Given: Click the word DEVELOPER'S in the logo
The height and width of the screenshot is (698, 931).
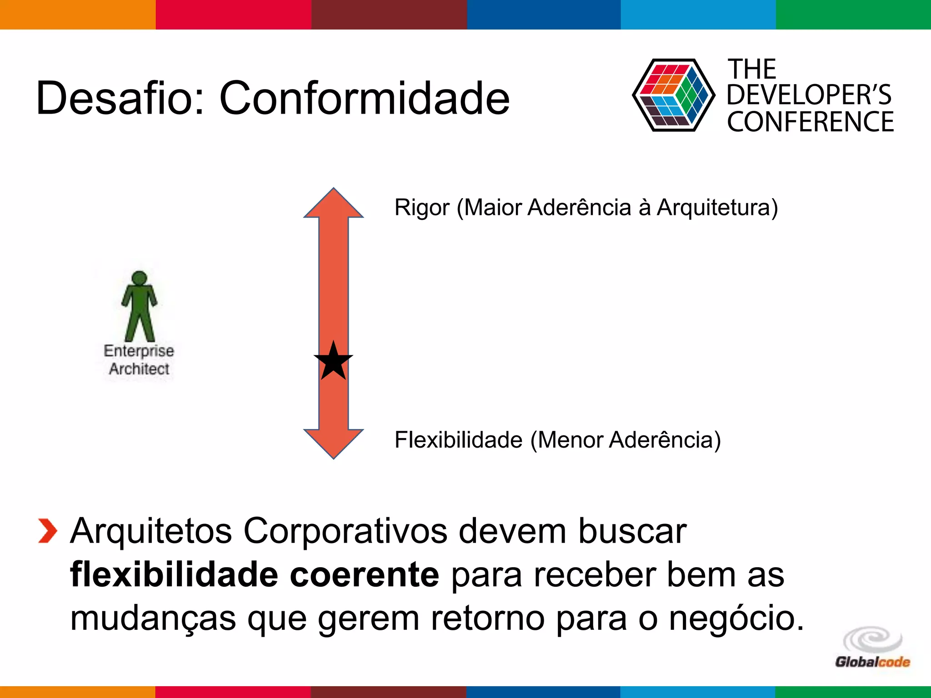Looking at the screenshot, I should pos(809,95).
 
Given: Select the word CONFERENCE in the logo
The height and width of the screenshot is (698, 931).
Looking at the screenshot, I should pos(810,122).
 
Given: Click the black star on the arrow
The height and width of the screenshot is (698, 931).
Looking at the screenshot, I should pos(333,362).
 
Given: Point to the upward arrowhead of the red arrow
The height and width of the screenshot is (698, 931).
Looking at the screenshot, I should pos(333,204).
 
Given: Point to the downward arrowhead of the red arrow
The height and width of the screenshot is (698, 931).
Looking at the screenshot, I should pos(333,443).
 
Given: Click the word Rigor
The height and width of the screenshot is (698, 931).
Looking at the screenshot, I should pos(422,208).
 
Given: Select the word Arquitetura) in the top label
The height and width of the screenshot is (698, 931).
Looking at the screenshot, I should pos(717,208).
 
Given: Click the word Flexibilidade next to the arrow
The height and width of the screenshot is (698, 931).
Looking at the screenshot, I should pos(458,440).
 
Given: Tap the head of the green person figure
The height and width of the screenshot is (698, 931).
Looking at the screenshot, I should pos(139,278).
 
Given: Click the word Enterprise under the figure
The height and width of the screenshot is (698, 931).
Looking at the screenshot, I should pos(139,351).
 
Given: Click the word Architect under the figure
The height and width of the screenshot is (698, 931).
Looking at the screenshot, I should pos(139,369).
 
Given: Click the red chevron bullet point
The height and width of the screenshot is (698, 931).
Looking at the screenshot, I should pos(48,531).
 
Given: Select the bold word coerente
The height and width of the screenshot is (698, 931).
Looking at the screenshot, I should pos(364,575).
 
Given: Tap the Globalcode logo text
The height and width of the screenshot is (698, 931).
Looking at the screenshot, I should pos(872,662).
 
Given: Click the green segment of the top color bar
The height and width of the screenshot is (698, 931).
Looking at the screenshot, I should pos(853,15).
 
